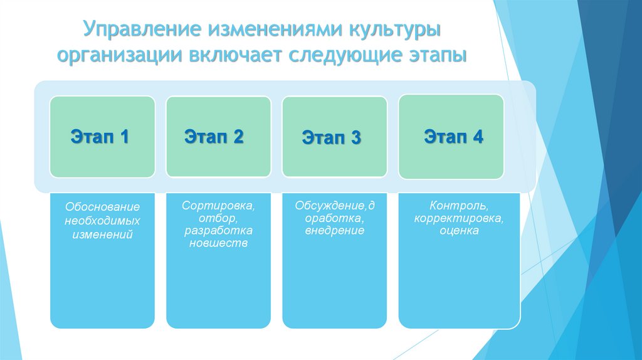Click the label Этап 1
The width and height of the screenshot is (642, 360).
click(100, 137)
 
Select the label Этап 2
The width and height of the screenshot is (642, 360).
click(214, 137)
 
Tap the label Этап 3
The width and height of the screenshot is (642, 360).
click(331, 137)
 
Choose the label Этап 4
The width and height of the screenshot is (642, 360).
click(453, 137)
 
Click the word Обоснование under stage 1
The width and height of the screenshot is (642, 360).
click(102, 208)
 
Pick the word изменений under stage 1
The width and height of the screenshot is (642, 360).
click(102, 234)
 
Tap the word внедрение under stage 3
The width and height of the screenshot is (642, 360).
click(335, 231)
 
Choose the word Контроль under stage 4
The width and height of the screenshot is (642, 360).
click(459, 206)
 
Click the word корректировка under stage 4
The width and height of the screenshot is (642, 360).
click(459, 218)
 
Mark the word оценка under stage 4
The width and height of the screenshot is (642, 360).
click(459, 231)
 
